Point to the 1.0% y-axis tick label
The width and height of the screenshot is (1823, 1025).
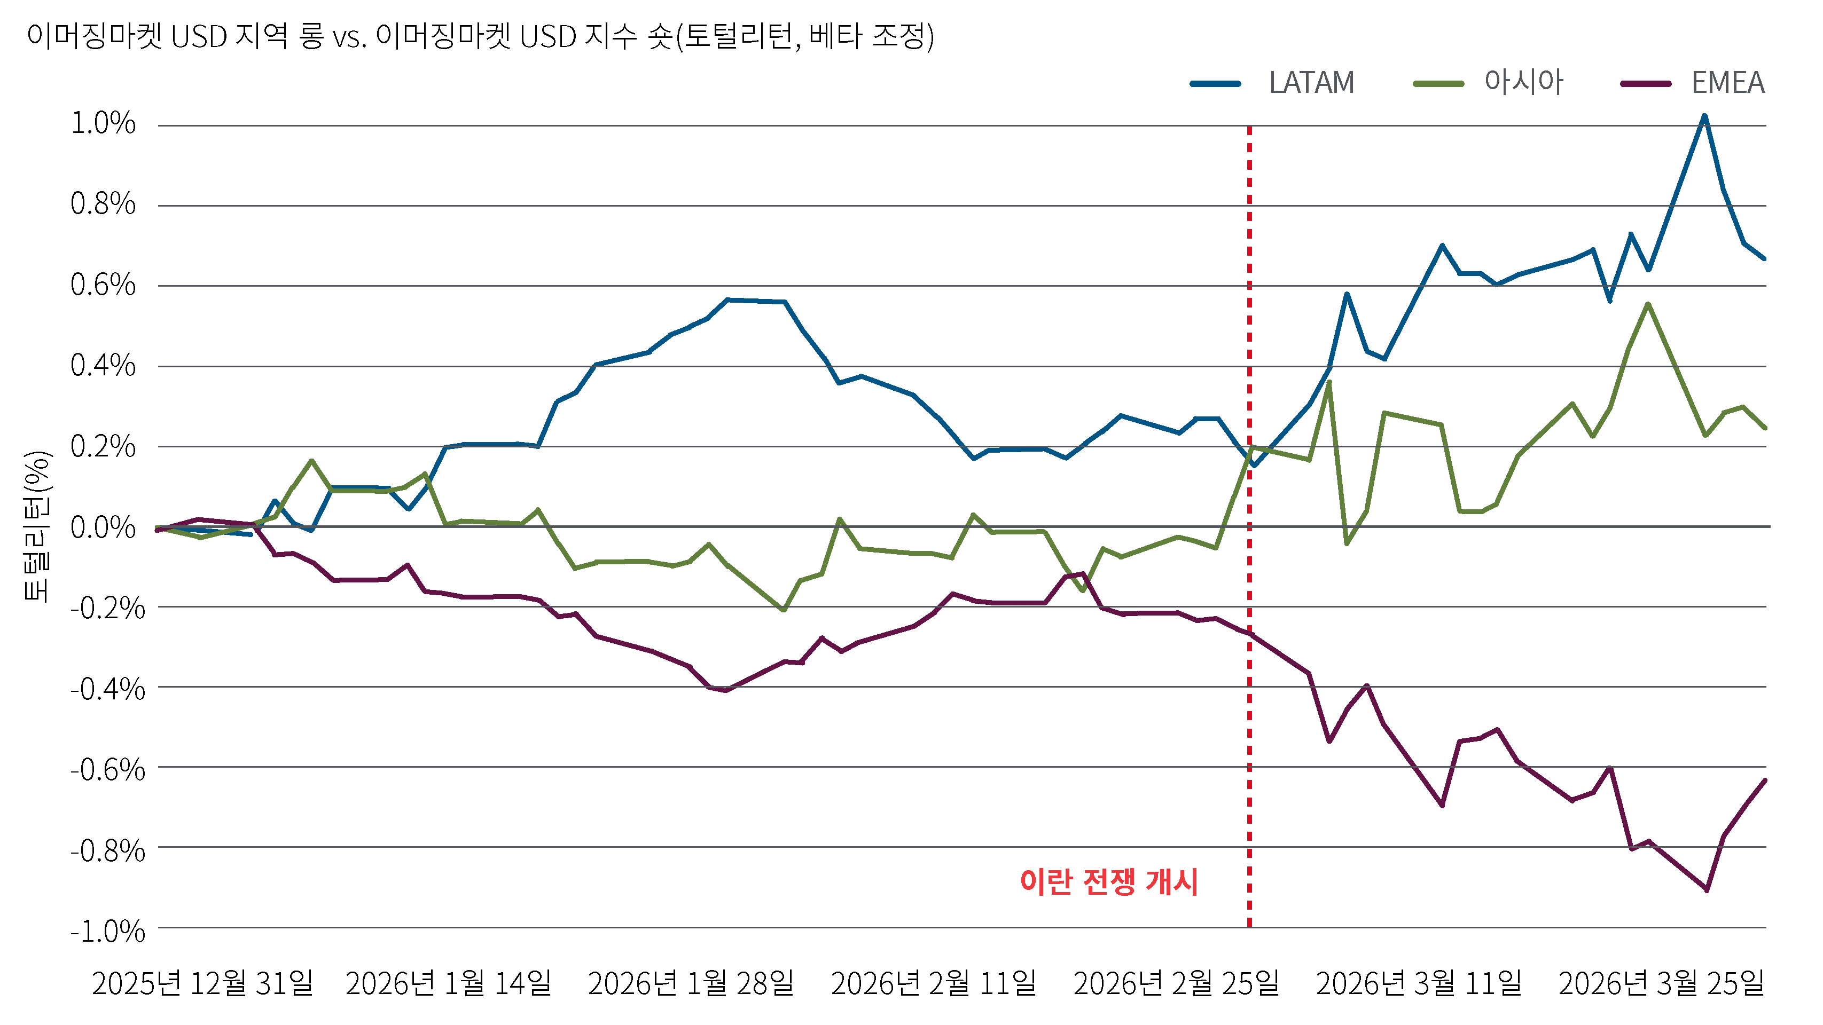tap(103, 124)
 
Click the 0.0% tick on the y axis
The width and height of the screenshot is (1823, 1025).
tap(103, 527)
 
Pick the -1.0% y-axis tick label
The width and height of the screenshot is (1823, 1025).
tap(107, 932)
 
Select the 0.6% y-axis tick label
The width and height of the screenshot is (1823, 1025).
tap(103, 285)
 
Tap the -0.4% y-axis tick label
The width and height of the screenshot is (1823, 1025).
tap(107, 689)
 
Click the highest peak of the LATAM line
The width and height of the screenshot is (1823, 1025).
tap(1704, 115)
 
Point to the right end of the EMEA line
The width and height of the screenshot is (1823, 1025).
tap(1765, 780)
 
